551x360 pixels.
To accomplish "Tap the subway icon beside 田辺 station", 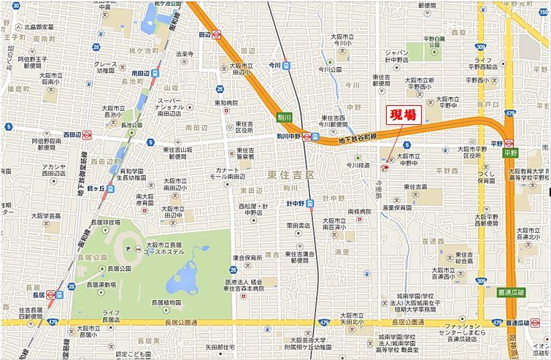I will point(217,34).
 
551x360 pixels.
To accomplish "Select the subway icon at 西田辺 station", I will point(87,134).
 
